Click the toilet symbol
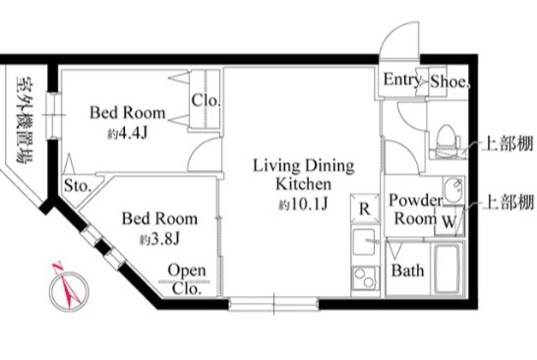447,141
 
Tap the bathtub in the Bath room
447,269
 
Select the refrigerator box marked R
365,209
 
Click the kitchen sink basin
364,242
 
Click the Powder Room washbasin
453,190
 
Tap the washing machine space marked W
449,221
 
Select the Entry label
401,80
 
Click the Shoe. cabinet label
449,82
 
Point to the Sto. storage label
78,186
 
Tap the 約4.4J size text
127,133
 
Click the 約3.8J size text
159,239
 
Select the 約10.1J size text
304,205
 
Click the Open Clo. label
187,279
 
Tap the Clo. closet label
206,100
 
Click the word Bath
407,270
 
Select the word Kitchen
304,184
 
